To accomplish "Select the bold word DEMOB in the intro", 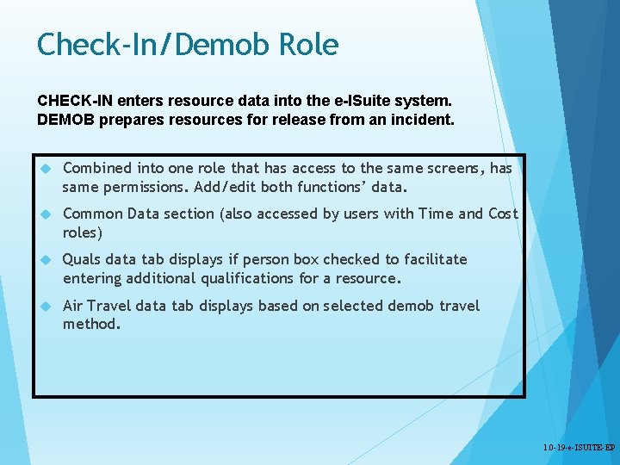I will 65,120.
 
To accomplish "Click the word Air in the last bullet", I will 73,306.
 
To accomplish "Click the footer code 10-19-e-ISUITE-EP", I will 580,449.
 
